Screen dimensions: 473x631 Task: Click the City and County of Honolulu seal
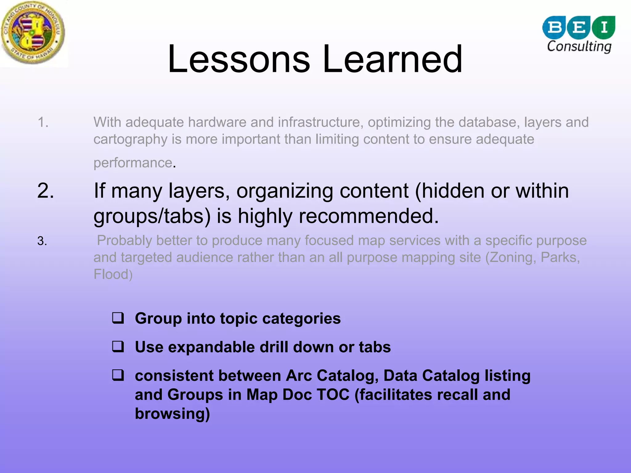click(33, 33)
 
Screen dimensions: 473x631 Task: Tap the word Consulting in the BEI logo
click(579, 47)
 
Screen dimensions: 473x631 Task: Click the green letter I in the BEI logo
click(604, 27)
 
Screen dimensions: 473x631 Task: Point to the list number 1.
click(43, 122)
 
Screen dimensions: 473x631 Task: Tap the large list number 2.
click(46, 191)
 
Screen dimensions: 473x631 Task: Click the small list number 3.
click(42, 241)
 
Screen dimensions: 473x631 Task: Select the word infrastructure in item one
click(319, 122)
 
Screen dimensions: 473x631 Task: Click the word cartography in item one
click(130, 139)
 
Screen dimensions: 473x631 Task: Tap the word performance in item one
click(132, 163)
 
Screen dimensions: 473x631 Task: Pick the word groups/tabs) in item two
click(152, 216)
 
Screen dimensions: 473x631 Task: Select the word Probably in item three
click(124, 241)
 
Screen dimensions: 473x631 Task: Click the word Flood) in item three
click(113, 274)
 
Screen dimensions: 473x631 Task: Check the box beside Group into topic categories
click(118, 318)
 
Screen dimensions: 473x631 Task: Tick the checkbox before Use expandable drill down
click(118, 347)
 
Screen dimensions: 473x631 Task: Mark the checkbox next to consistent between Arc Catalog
click(118, 375)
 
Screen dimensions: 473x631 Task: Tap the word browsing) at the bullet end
click(172, 413)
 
